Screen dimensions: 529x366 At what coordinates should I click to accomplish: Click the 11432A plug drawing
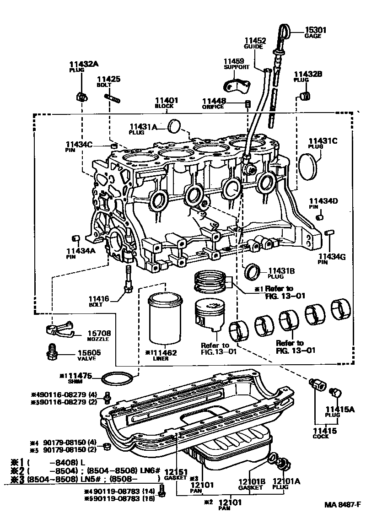(x=82, y=97)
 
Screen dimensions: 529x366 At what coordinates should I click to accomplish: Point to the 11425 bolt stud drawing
(x=112, y=97)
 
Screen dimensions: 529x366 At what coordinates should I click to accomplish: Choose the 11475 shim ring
(x=118, y=379)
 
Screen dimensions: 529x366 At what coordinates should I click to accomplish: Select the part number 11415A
(x=340, y=409)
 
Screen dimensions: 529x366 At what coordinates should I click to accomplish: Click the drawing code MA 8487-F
(x=343, y=504)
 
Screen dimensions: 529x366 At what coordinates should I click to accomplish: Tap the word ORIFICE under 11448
(x=213, y=107)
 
